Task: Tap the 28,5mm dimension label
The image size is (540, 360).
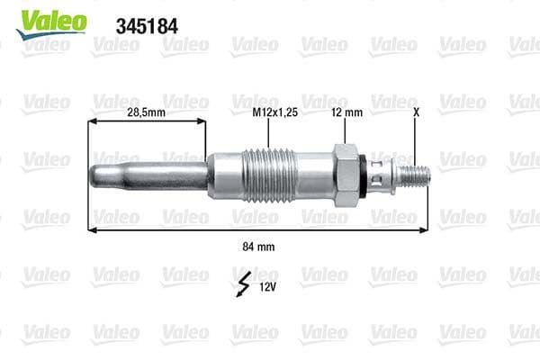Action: click(x=145, y=112)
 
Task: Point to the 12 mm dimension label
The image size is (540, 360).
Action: click(x=346, y=112)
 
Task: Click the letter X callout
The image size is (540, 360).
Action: click(x=415, y=112)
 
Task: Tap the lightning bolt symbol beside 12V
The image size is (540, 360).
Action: click(x=242, y=284)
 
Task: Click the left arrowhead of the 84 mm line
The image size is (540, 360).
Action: click(x=91, y=229)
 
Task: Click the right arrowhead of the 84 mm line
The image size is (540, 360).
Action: click(x=426, y=229)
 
